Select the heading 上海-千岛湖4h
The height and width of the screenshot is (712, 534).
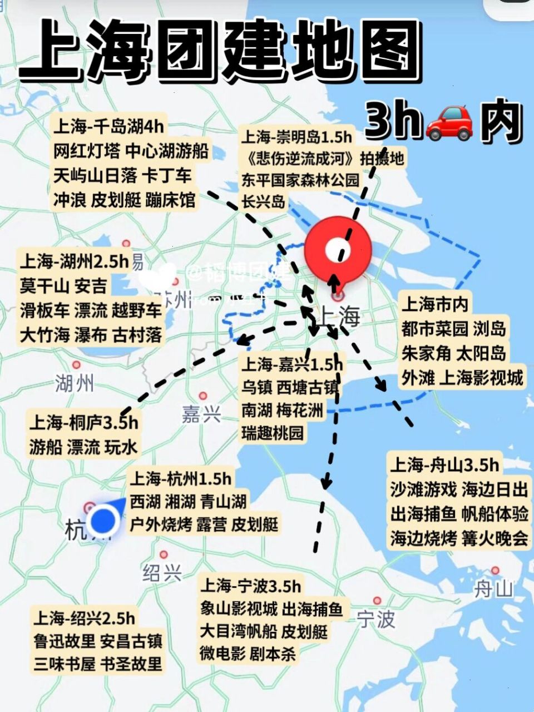pyautogui.click(x=109, y=127)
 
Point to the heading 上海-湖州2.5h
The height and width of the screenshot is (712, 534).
pyautogui.click(x=74, y=261)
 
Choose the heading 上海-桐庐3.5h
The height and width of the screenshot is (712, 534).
pyautogui.click(x=83, y=422)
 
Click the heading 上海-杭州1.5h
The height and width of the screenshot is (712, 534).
pyautogui.click(x=180, y=478)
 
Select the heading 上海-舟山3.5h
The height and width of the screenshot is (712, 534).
pyautogui.click(x=444, y=465)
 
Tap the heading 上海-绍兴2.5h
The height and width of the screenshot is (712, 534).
pyautogui.click(x=83, y=618)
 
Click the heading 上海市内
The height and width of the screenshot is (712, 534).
pyautogui.click(x=435, y=304)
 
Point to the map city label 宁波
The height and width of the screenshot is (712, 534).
pyautogui.click(x=376, y=619)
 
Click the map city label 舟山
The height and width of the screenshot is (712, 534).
pyautogui.click(x=493, y=589)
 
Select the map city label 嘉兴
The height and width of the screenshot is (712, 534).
pyautogui.click(x=201, y=414)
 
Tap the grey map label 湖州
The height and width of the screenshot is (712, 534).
pyautogui.click(x=74, y=383)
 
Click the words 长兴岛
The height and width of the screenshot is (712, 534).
pyautogui.click(x=264, y=201)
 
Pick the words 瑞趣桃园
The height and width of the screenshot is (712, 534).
pyautogui.click(x=273, y=433)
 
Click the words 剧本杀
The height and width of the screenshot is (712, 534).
pyautogui.click(x=273, y=654)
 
